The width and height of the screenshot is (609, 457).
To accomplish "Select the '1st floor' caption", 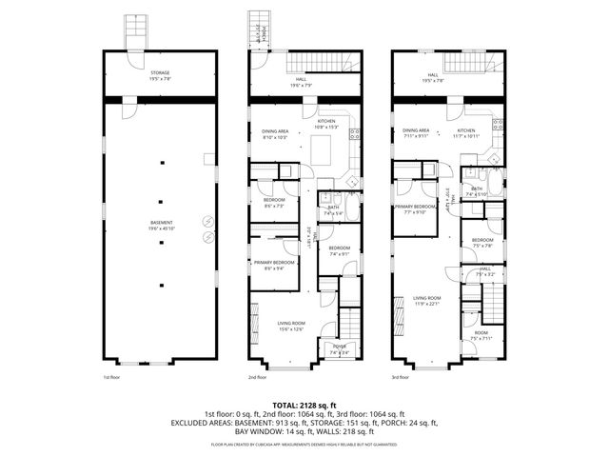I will click(x=112, y=377).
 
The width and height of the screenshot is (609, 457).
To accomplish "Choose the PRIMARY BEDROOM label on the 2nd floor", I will click(x=274, y=264).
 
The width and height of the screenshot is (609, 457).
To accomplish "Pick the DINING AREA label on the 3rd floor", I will click(x=416, y=132).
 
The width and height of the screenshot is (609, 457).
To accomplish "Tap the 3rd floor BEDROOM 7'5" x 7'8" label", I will click(x=481, y=242).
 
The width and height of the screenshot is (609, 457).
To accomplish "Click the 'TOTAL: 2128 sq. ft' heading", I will click(x=304, y=405).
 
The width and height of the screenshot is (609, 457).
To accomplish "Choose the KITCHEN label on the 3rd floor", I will click(x=466, y=132).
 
